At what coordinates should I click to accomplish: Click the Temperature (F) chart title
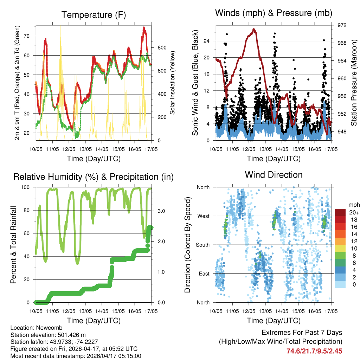[94, 15]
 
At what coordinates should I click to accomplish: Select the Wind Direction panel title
[274, 175]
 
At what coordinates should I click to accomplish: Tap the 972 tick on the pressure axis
[342, 25]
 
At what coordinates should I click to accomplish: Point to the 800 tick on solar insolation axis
[160, 47]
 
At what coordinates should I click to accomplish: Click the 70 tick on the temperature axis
[28, 36]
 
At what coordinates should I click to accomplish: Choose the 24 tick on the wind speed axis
[207, 41]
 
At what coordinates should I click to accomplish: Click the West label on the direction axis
[204, 216]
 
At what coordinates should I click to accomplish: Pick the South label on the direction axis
[203, 245]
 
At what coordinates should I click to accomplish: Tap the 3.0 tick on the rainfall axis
[161, 211]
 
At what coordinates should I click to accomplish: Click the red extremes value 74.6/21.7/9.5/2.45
[314, 351]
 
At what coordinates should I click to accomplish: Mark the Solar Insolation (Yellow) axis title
[173, 83]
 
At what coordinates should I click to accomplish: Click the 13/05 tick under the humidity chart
[85, 311]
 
